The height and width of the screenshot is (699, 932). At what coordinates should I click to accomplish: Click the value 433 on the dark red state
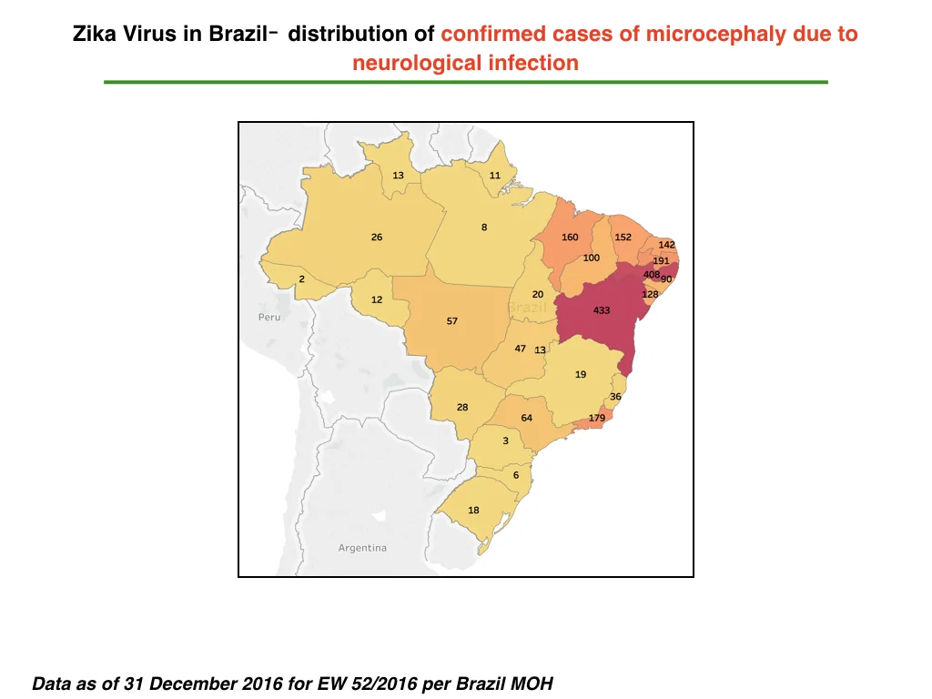tap(602, 310)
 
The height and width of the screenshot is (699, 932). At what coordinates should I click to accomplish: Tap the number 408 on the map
tap(652, 274)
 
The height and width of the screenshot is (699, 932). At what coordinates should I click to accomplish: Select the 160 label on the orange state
tap(570, 238)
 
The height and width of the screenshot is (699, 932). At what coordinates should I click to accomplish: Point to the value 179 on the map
tap(597, 418)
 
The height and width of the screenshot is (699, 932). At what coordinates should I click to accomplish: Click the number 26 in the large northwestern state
tap(377, 238)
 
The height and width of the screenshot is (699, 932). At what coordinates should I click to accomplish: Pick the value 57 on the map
tap(452, 321)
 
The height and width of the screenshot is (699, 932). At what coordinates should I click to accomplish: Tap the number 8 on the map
tap(484, 227)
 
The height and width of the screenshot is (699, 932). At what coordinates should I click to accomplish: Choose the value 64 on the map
tap(527, 418)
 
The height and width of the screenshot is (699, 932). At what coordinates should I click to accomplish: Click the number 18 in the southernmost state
tap(473, 510)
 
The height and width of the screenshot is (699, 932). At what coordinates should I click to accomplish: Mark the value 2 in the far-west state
tap(302, 279)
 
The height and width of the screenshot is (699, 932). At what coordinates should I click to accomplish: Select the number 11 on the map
tap(495, 176)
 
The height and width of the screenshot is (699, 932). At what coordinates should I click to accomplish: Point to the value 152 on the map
tap(623, 238)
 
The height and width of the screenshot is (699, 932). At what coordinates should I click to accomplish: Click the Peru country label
tap(269, 318)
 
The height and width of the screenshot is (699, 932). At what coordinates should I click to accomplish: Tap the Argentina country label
tap(362, 548)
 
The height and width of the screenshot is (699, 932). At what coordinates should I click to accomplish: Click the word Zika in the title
tap(95, 34)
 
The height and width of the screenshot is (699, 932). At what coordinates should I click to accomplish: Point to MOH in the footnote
tap(532, 684)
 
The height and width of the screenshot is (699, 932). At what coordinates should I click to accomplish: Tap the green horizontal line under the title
tap(466, 82)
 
